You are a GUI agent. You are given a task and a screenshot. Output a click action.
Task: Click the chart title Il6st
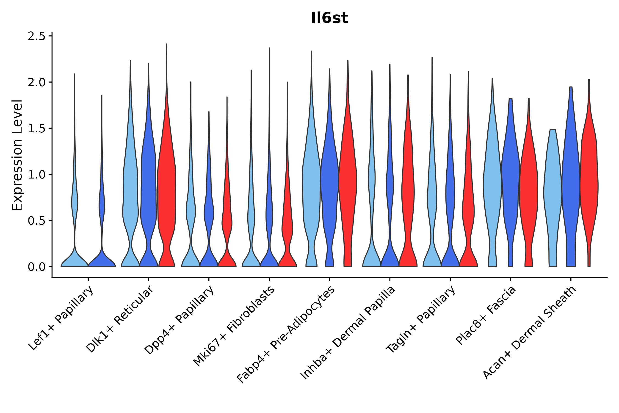click(x=329, y=18)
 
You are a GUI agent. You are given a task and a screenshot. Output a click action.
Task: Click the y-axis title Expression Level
click(x=17, y=155)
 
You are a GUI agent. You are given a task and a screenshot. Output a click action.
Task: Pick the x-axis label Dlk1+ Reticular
click(x=120, y=319)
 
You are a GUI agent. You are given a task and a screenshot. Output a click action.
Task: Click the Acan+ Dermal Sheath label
click(x=529, y=333)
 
